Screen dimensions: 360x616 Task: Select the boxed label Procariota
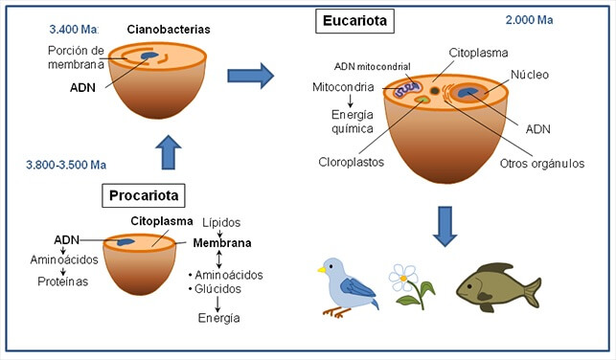[x=143, y=196]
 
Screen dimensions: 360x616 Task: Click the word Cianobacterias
[x=169, y=30]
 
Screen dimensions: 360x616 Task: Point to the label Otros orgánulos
[x=541, y=163]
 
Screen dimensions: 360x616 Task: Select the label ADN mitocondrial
[x=372, y=66]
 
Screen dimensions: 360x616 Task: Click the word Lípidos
[x=220, y=221]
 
